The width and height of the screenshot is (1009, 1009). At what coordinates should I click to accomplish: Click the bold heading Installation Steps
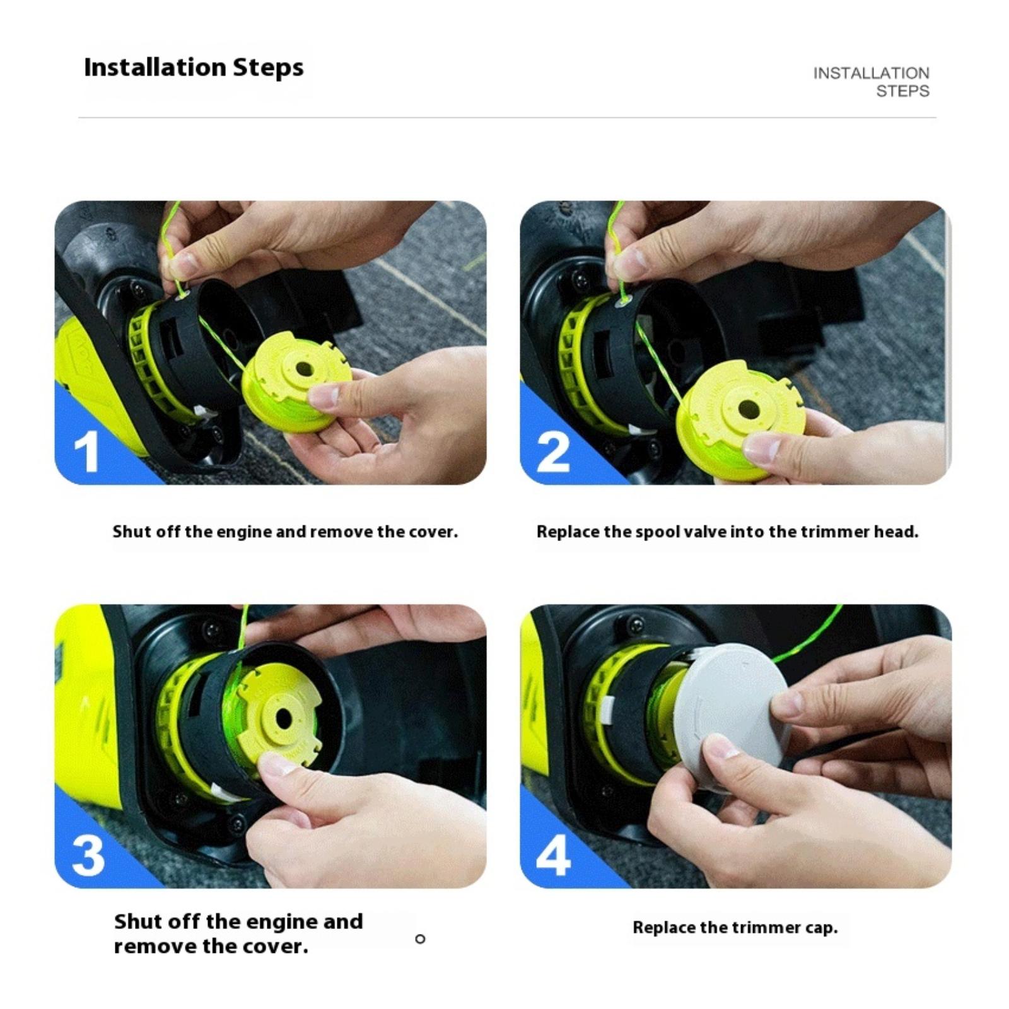194,67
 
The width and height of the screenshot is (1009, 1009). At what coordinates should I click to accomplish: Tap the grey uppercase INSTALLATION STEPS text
872,82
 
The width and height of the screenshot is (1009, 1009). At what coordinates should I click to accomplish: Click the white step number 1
86,452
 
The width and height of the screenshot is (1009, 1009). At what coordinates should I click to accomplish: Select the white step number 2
553,452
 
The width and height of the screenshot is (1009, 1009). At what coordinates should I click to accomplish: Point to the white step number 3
88,855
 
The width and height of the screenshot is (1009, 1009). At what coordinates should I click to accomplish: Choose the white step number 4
554,855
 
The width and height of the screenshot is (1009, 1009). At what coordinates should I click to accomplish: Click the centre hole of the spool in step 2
747,409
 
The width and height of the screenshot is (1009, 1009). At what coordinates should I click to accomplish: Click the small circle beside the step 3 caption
420,939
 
